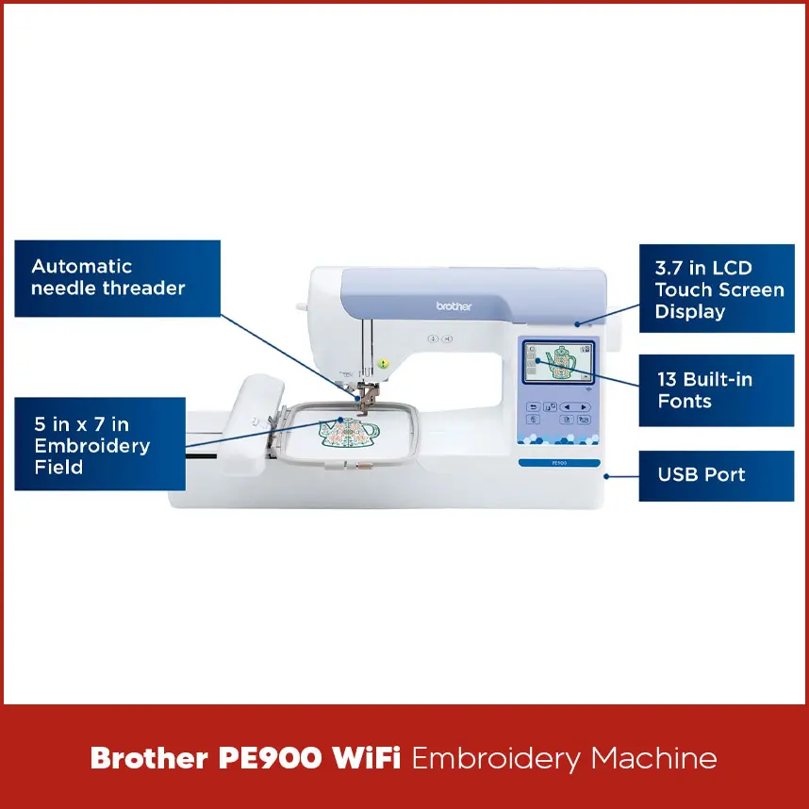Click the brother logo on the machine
pyautogui.click(x=454, y=306)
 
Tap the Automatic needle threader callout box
pyautogui.click(x=117, y=278)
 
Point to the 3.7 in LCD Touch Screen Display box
pyautogui.click(x=716, y=289)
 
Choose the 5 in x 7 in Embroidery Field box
pyautogui.click(x=99, y=444)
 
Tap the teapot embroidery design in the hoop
pyautogui.click(x=348, y=434)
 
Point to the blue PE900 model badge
pyautogui.click(x=558, y=462)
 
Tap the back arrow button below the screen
pyautogui.click(x=534, y=407)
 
